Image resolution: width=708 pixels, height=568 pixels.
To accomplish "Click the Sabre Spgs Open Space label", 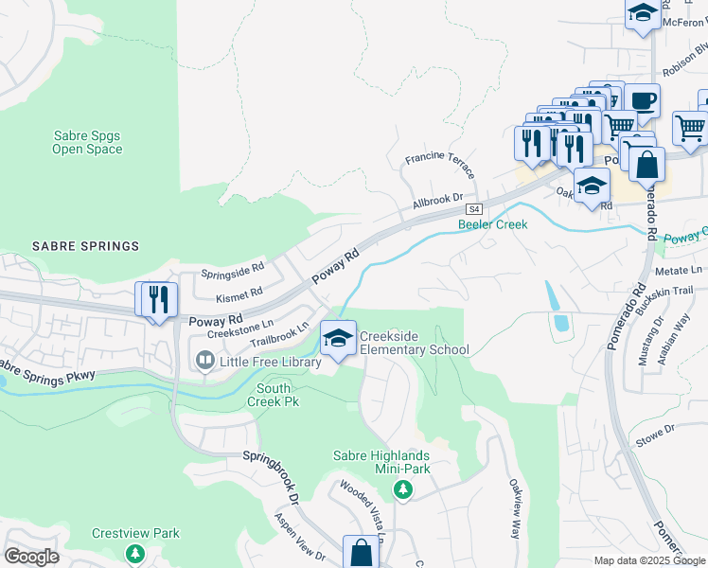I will click(87, 142).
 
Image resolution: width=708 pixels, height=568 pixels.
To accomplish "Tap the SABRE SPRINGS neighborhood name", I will click(85, 246).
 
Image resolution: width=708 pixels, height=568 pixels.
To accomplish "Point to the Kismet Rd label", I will click(238, 296).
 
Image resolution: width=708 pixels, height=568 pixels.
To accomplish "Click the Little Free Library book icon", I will click(204, 360).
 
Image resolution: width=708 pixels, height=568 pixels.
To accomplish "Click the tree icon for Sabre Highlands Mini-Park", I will click(403, 489).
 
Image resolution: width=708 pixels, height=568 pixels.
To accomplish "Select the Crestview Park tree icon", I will click(135, 553).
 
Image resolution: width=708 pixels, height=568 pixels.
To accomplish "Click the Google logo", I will click(32, 557).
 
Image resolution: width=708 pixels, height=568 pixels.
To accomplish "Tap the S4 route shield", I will click(474, 209).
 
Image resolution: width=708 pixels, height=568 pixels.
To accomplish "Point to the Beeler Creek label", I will click(492, 224).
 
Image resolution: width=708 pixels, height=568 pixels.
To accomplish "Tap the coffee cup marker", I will click(642, 101).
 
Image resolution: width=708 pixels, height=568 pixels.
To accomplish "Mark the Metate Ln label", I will click(679, 270).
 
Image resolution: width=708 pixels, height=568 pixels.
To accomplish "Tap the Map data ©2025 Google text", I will click(647, 560).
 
